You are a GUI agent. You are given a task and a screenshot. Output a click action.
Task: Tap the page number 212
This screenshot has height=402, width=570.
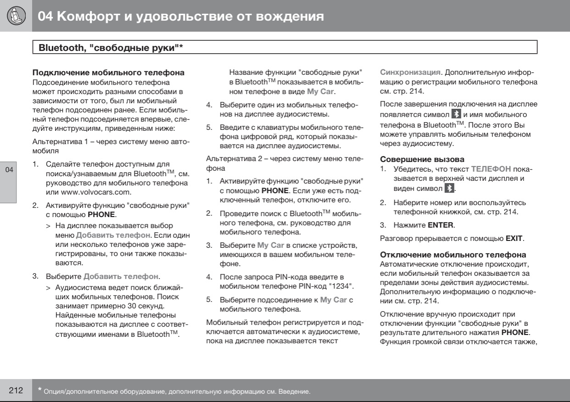pyautogui.click(x=16, y=391)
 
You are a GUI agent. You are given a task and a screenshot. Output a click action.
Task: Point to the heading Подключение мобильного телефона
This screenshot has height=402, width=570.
pyautogui.click(x=108, y=73)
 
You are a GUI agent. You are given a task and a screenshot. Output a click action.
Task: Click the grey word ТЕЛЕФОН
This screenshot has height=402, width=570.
pyautogui.click(x=491, y=169)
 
